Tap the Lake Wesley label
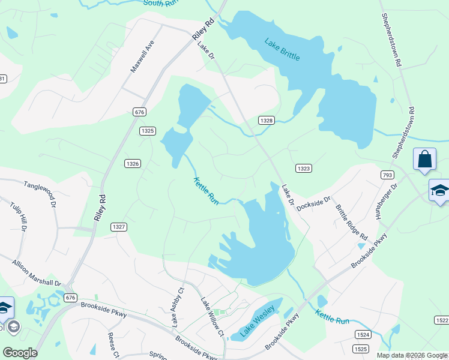(258, 320)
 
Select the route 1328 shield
(267, 121)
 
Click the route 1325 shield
(148, 131)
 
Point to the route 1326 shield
(133, 163)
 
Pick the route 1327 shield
(118, 227)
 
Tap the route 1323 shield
(304, 169)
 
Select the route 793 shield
(387, 174)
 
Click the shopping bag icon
(424, 160)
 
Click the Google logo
(20, 353)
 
